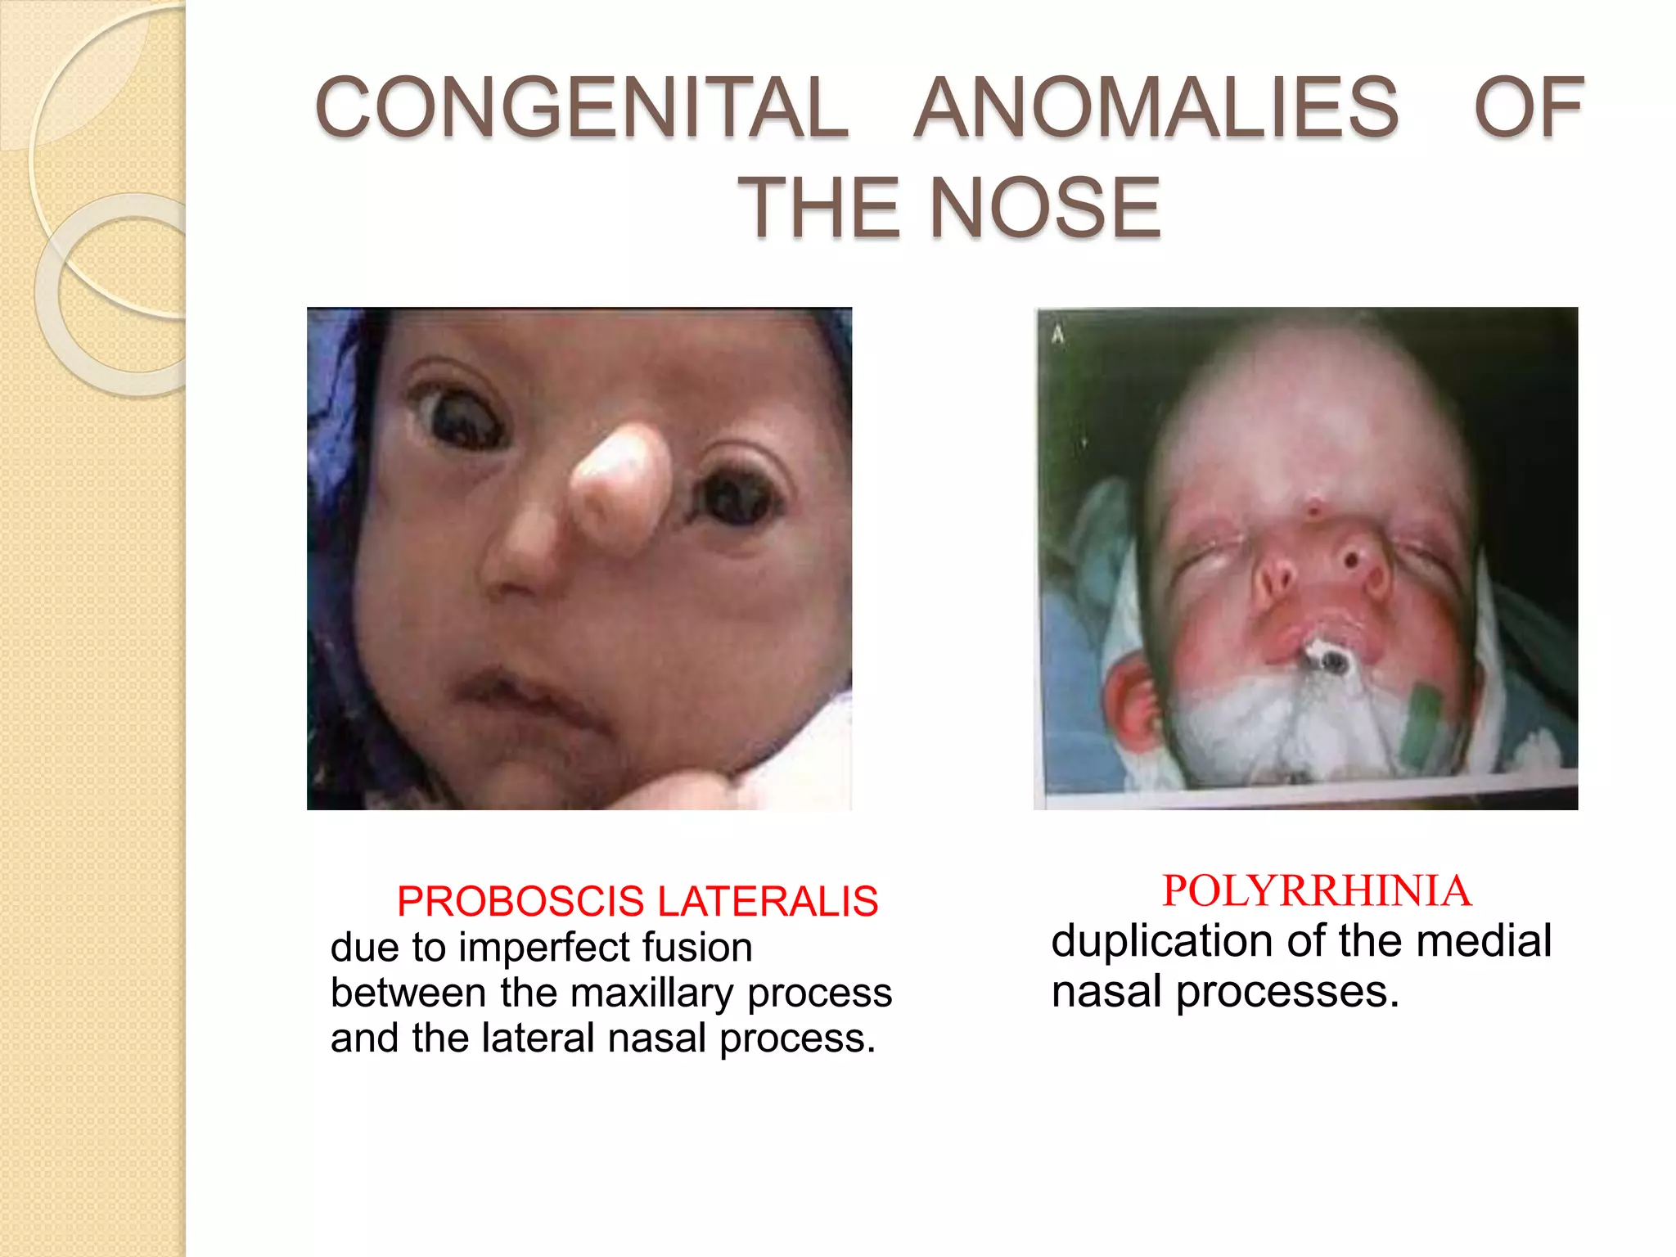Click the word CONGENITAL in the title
point(582,107)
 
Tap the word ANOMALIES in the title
point(1156,107)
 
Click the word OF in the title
point(1529,107)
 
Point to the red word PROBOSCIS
point(520,901)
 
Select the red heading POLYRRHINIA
point(1316,890)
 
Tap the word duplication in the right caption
point(1162,940)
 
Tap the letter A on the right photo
point(1058,334)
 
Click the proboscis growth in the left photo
point(618,491)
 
